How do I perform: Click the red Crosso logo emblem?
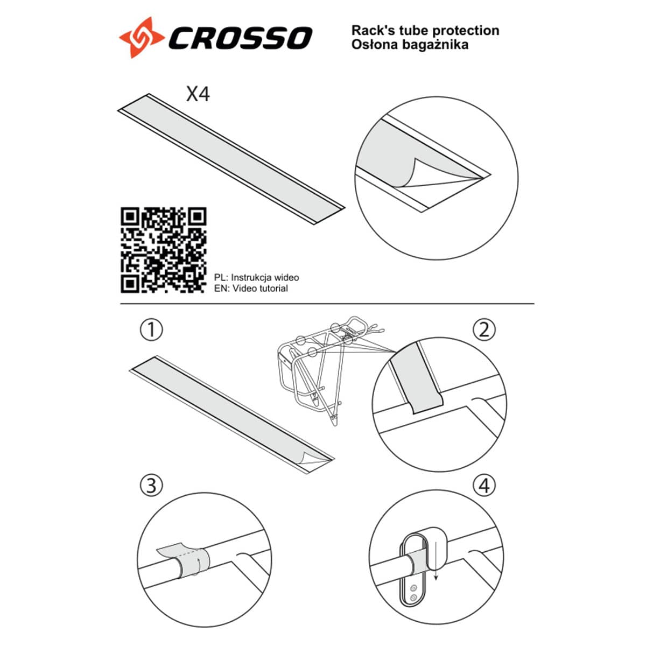pyautogui.click(x=142, y=37)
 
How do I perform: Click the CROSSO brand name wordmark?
pyautogui.click(x=240, y=38)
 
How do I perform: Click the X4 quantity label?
pyautogui.click(x=198, y=94)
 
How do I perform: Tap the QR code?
pyautogui.click(x=164, y=250)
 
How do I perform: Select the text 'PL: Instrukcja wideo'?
pyautogui.click(x=256, y=278)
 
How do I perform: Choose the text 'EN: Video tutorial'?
pyautogui.click(x=251, y=289)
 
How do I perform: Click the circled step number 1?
pyautogui.click(x=151, y=330)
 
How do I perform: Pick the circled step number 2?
pyautogui.click(x=484, y=330)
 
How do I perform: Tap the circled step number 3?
pyautogui.click(x=151, y=486)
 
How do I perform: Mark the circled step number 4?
pyautogui.click(x=484, y=486)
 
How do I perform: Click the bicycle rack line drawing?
pyautogui.click(x=328, y=369)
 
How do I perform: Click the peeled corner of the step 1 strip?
pyautogui.click(x=313, y=458)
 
